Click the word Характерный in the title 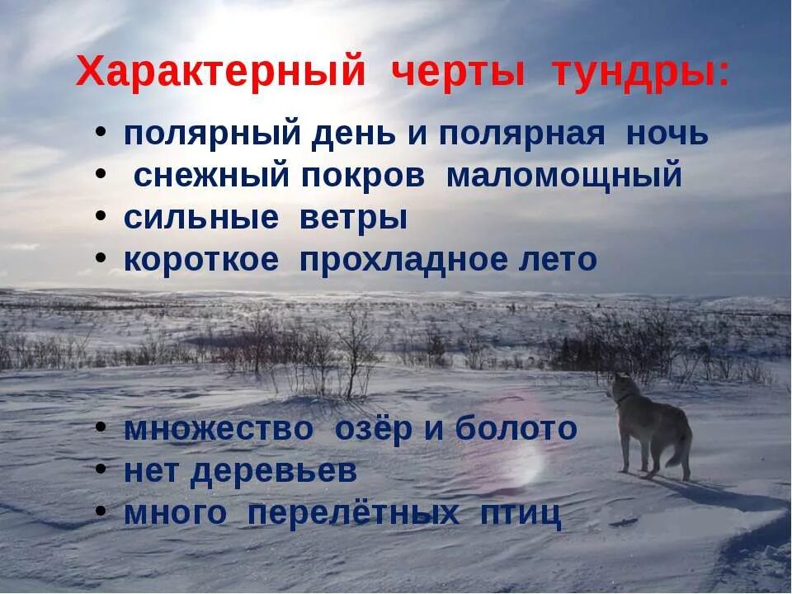[220, 73]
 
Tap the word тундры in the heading [641, 73]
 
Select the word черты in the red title [457, 73]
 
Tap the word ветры [364, 219]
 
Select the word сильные [200, 219]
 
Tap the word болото [516, 429]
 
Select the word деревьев [274, 471]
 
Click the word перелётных [353, 513]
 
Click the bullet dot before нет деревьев [100, 469]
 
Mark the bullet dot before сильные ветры [100, 215]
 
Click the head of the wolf [620, 386]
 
